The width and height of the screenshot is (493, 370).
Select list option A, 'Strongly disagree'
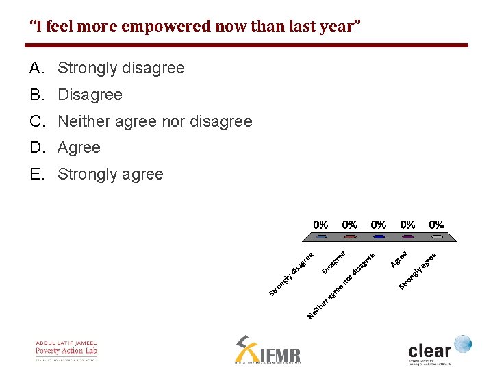[x=121, y=69]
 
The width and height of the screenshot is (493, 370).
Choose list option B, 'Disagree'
[x=90, y=95]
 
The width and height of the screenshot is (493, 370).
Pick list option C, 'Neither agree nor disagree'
[x=155, y=121]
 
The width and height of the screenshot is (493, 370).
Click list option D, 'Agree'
[x=79, y=148]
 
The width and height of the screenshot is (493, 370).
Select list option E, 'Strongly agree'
[x=110, y=174]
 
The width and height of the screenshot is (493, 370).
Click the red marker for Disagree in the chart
[x=350, y=237]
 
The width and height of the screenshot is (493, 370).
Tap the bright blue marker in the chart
[x=379, y=237]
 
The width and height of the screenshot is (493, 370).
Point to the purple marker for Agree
[x=408, y=237]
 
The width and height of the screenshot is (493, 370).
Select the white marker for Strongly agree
[x=437, y=237]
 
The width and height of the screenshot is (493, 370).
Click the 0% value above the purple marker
[x=407, y=224]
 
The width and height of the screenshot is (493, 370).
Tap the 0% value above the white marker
[x=436, y=224]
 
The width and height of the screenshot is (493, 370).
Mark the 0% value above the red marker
[x=349, y=224]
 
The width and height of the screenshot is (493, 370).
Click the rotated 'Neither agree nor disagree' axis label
[x=342, y=286]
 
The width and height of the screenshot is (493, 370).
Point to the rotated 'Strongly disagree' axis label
[x=291, y=274]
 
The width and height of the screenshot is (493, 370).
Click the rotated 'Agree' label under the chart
[x=399, y=259]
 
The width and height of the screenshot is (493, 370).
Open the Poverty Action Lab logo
[x=66, y=350]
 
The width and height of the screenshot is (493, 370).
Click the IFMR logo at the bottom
[x=268, y=350]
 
